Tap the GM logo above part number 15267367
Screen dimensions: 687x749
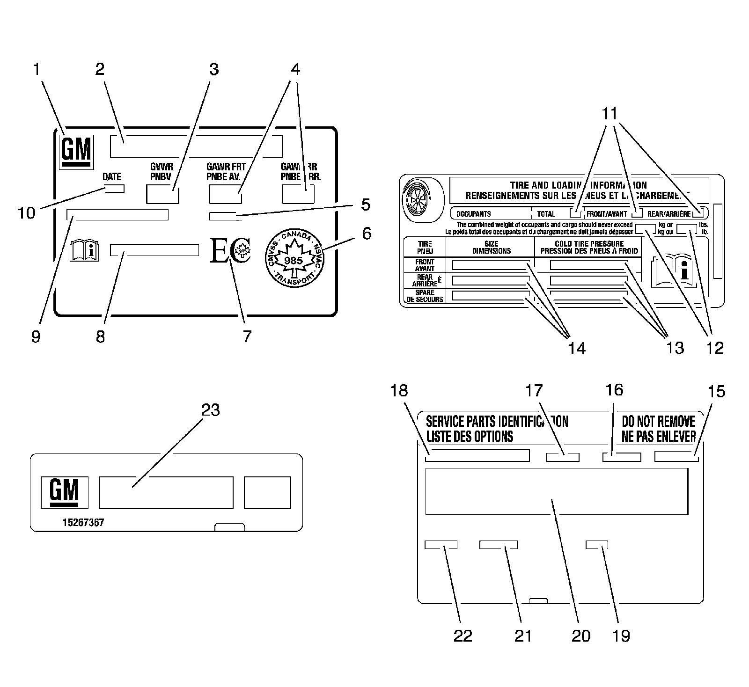pos(64,492)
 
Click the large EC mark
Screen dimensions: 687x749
pos(230,251)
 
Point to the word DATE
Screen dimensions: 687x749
pos(112,176)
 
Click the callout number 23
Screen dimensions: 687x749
pos(210,410)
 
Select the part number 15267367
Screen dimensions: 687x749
pos(83,523)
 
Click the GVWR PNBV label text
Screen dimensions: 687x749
pos(162,171)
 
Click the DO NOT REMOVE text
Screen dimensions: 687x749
pos(658,421)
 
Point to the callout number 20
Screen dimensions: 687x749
pos(581,636)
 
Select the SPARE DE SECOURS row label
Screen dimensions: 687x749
pos(425,296)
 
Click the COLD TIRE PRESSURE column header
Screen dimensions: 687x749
pos(589,247)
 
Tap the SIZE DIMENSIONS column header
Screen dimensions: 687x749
pos(491,247)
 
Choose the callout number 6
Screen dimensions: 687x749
pos(366,233)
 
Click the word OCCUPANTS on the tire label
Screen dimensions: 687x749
pos(474,214)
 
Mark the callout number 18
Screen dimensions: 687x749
pos(399,390)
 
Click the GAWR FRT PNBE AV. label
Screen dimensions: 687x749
pos(226,171)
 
